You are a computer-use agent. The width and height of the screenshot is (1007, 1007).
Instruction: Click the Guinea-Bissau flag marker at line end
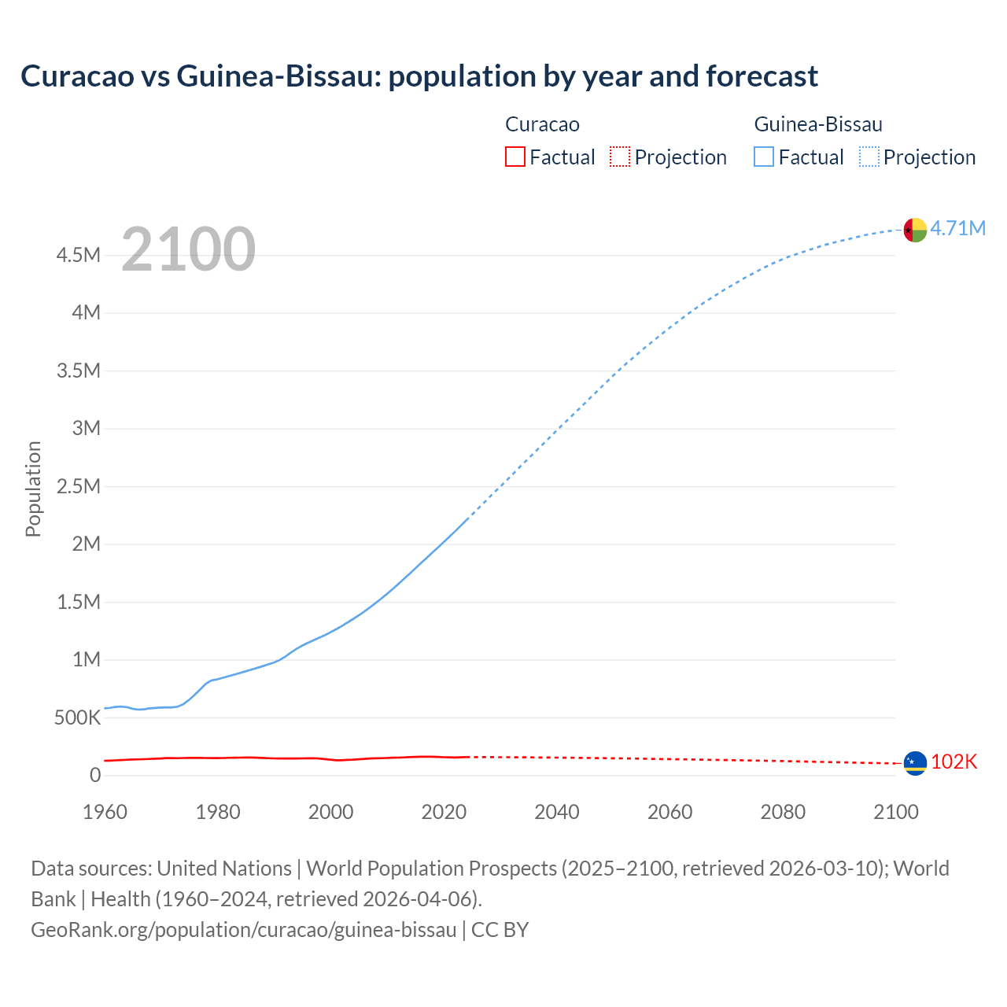pyautogui.click(x=915, y=230)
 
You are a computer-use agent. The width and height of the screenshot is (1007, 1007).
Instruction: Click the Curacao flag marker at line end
pyautogui.click(x=915, y=763)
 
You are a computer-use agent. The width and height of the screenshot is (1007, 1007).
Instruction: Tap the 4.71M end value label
pyautogui.click(x=957, y=228)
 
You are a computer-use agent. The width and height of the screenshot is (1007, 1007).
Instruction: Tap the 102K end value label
pyautogui.click(x=954, y=762)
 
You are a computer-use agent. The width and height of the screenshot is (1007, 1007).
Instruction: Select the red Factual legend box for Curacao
pyautogui.click(x=515, y=157)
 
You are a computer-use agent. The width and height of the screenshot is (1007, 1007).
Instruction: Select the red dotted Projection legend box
pyautogui.click(x=620, y=157)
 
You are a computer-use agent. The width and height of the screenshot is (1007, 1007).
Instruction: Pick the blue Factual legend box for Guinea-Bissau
pyautogui.click(x=763, y=157)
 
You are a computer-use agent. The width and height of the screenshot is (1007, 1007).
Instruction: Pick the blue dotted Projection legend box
pyautogui.click(x=869, y=157)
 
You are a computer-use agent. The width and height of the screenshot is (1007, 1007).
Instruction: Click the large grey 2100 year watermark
pyautogui.click(x=188, y=249)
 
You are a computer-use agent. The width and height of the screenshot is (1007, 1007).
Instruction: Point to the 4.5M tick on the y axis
pyautogui.click(x=78, y=255)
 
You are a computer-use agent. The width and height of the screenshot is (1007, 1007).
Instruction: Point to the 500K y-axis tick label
pyautogui.click(x=77, y=717)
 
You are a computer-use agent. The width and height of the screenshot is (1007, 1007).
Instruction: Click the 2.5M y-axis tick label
pyautogui.click(x=78, y=486)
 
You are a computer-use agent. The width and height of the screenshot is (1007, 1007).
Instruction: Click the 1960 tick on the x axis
pyautogui.click(x=105, y=812)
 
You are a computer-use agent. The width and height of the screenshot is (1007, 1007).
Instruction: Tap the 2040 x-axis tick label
pyautogui.click(x=556, y=812)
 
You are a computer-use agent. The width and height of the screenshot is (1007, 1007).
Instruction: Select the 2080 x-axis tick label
pyautogui.click(x=783, y=812)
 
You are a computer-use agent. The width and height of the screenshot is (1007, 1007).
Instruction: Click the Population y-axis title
pyautogui.click(x=33, y=489)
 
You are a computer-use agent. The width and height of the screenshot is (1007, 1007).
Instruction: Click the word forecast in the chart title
pyautogui.click(x=762, y=76)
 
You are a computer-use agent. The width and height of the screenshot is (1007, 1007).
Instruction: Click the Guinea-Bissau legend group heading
pyautogui.click(x=818, y=124)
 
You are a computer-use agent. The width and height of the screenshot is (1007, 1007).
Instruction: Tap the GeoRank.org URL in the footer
pyautogui.click(x=243, y=930)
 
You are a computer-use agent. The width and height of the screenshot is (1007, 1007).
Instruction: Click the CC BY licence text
pyautogui.click(x=500, y=930)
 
